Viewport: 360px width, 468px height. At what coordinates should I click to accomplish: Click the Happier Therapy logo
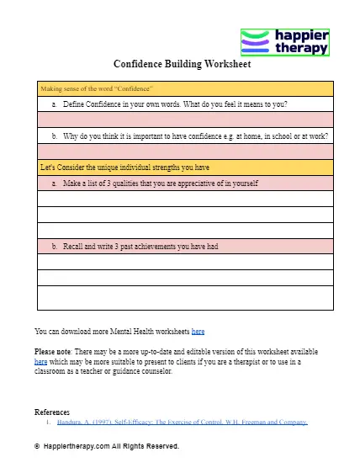click(x=285, y=41)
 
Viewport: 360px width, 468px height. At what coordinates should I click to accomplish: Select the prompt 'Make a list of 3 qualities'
click(x=160, y=183)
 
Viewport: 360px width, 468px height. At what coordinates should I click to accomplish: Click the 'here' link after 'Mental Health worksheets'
click(x=198, y=332)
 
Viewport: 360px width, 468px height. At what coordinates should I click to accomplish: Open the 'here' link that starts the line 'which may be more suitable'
click(x=40, y=360)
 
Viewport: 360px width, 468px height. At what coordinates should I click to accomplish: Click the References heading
click(x=52, y=412)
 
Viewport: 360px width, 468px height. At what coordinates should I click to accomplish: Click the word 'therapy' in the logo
click(x=302, y=50)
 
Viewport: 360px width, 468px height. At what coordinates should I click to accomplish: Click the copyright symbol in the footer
click(x=38, y=446)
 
